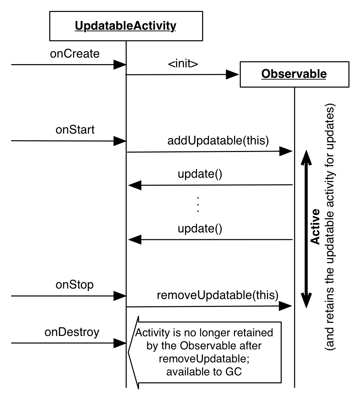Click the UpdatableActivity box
pos(125,26)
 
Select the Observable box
pos(294,74)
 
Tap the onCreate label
pos(75,54)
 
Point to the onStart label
pos(75,130)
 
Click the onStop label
pos(75,285)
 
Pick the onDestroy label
pos(72,332)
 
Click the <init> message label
pos(183,64)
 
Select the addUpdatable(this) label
pos(218,141)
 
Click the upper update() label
pos(200,174)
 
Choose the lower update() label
pos(200,228)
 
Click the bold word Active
pos(316,231)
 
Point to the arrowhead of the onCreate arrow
pos(120,65)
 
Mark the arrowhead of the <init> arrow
pos(233,75)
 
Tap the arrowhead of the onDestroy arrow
pos(120,342)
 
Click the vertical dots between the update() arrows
pos(198,205)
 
